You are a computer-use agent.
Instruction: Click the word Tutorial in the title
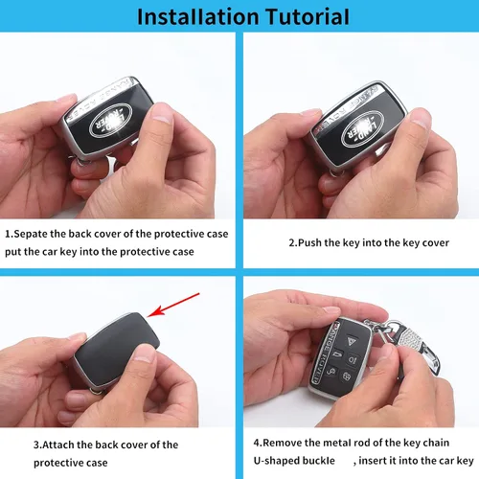pyautogui.click(x=308, y=16)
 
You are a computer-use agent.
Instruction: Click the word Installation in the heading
pyautogui.click(x=198, y=16)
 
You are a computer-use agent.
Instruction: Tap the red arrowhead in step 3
pyautogui.click(x=156, y=311)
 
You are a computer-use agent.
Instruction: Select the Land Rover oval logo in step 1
pyautogui.click(x=110, y=121)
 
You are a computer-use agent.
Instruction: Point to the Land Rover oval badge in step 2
pyautogui.click(x=362, y=128)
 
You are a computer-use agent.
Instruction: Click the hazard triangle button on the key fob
pyautogui.click(x=351, y=340)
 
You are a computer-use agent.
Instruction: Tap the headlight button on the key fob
pyautogui.click(x=353, y=359)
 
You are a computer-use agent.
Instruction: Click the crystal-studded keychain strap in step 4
pyautogui.click(x=415, y=347)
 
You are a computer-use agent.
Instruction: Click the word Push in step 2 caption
pyautogui.click(x=309, y=242)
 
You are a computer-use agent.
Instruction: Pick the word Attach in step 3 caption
pyautogui.click(x=58, y=445)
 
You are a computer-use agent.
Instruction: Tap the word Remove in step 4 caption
pyautogui.click(x=282, y=443)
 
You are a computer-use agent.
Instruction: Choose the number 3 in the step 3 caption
pyautogui.click(x=36, y=445)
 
